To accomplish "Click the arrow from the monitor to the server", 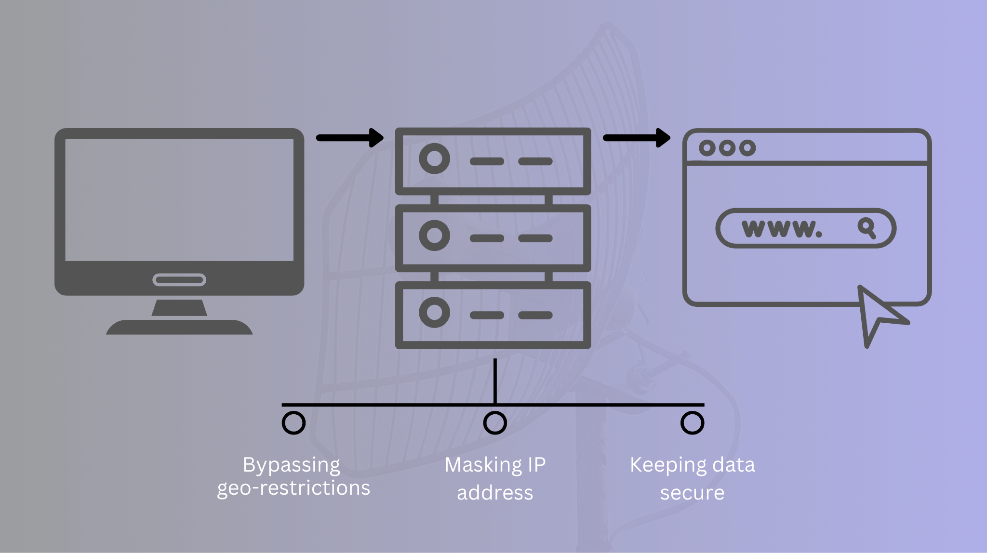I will tap(350, 138).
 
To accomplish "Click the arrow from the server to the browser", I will tap(637, 138).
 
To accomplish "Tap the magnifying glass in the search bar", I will tap(867, 227).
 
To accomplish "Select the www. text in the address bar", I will tap(782, 228).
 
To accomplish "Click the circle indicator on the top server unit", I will tap(434, 158).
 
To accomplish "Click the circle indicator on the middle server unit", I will tap(434, 236).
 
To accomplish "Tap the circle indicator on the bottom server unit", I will tap(434, 312).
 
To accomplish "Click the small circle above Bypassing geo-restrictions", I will tap(293, 422).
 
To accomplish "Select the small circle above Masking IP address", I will tap(495, 422).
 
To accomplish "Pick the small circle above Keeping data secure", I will tap(692, 422).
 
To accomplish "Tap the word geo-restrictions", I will tap(293, 488).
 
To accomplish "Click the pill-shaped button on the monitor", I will tap(179, 279).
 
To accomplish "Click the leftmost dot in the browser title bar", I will tap(707, 148).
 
